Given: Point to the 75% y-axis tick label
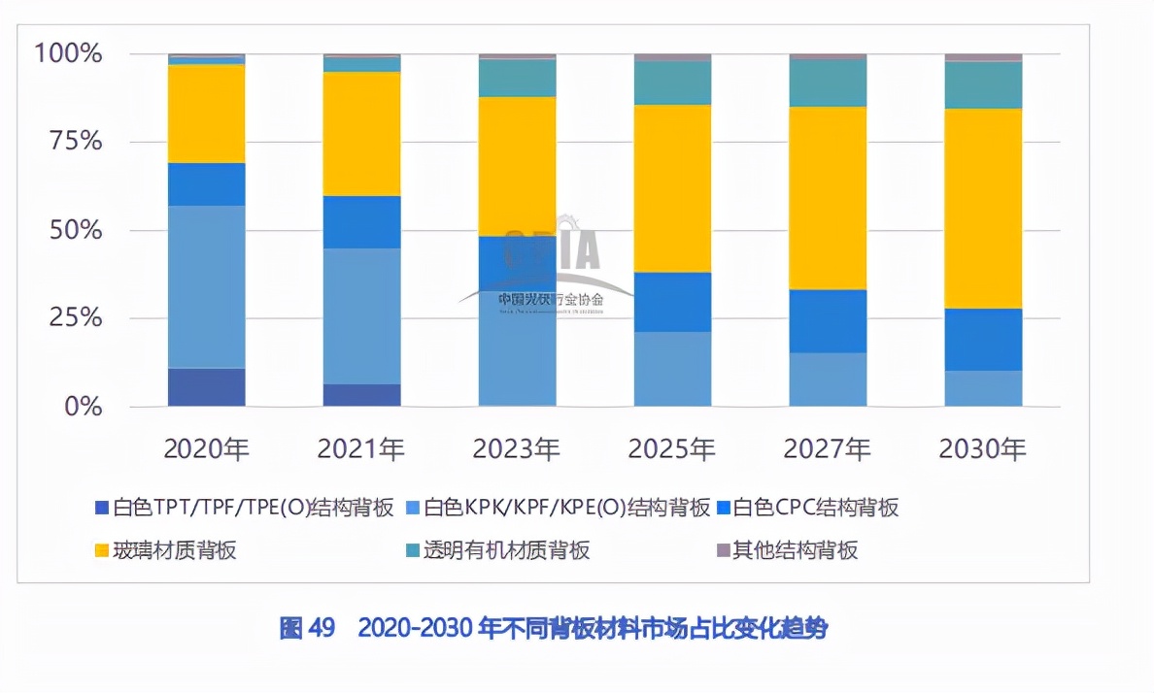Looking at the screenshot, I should click(75, 142).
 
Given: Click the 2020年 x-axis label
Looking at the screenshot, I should click(206, 448).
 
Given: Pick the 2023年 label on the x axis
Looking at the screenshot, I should click(517, 448).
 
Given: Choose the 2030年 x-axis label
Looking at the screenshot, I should click(983, 448).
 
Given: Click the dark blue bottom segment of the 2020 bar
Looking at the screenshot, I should click(206, 387).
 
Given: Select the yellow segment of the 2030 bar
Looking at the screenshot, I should click(983, 209).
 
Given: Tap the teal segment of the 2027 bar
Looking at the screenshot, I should click(828, 83).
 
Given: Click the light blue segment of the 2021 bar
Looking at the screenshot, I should click(361, 315).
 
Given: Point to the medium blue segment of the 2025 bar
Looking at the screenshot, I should click(672, 302).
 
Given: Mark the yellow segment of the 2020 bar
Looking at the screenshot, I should click(206, 114).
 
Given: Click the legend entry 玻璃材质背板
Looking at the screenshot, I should click(174, 550).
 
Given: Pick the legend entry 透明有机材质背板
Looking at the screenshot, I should click(506, 550).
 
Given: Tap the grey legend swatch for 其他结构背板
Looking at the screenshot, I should click(723, 551).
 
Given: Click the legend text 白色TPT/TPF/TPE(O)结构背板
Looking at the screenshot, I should click(254, 508).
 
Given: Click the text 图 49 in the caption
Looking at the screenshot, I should click(306, 629).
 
